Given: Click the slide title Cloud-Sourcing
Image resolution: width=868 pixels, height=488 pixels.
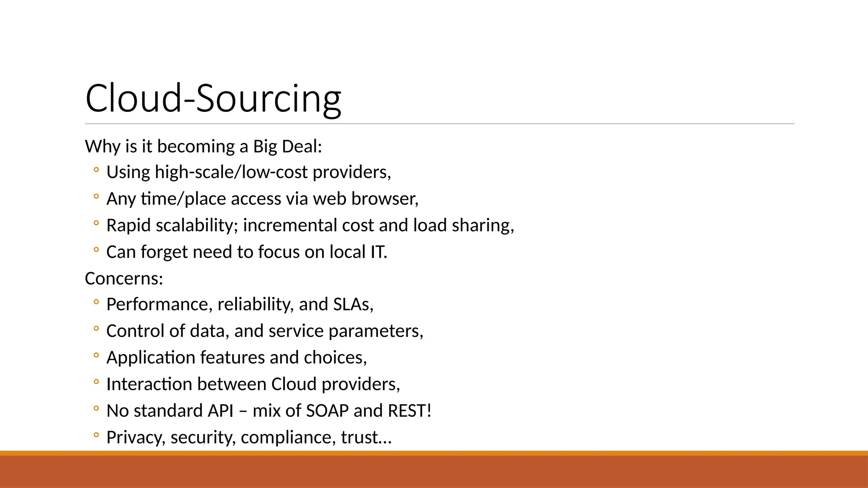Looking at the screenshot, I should click(x=213, y=98).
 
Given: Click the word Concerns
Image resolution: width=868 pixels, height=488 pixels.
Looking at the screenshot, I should click(x=123, y=279).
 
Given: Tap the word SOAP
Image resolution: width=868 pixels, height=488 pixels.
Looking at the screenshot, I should click(x=327, y=411).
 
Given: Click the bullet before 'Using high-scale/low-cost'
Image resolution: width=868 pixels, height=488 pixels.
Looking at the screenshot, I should click(x=96, y=170).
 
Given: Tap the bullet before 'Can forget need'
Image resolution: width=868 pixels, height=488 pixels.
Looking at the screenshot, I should click(x=96, y=250).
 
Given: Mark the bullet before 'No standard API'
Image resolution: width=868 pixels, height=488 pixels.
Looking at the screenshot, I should click(x=96, y=409).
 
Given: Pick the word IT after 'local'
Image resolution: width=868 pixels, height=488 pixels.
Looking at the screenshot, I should click(x=378, y=252).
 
